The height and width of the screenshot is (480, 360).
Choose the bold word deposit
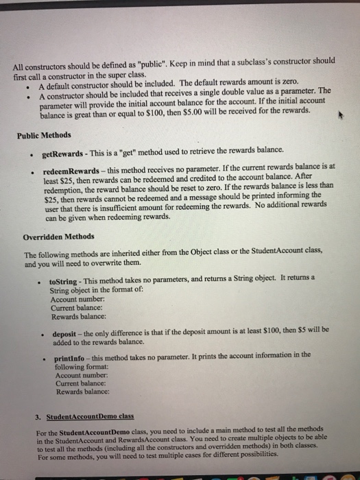pyautogui.click(x=66, y=334)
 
